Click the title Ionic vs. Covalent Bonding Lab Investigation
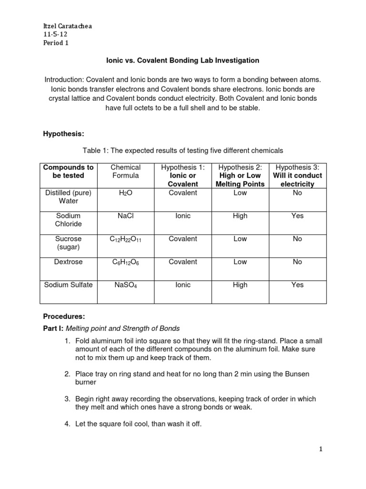[182, 61]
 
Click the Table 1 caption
[183, 150]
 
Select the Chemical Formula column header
[125, 171]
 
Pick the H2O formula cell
[125, 193]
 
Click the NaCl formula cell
[125, 216]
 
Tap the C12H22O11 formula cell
[125, 239]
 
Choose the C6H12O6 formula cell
[125, 262]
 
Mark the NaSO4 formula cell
[125, 285]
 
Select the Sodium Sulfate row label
[69, 285]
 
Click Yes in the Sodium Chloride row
[297, 216]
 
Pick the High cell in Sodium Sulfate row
[240, 285]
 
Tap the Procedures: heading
[63, 316]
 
